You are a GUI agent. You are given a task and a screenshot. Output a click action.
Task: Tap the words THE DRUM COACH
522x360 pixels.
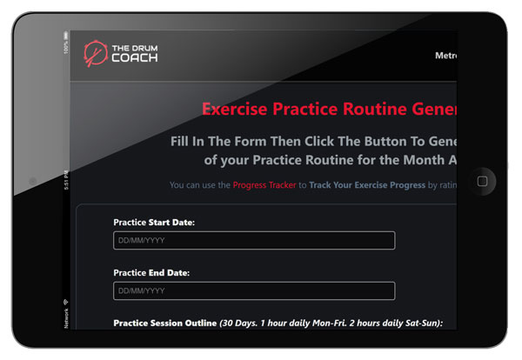tap(134, 54)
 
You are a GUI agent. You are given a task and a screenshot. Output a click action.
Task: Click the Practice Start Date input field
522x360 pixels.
tap(253, 240)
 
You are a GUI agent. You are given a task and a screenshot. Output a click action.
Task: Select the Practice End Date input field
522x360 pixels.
tap(253, 290)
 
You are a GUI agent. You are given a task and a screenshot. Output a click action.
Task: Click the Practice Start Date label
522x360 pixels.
tap(154, 223)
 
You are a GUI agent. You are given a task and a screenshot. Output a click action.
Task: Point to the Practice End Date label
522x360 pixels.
tap(151, 272)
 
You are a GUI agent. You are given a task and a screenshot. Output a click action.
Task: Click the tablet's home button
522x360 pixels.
tap(482, 181)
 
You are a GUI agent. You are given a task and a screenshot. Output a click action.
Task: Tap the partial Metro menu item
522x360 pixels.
tap(445, 56)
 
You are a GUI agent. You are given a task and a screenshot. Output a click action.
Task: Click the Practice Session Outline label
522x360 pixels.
tap(164, 323)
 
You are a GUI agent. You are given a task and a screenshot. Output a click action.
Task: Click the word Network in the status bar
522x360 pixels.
tap(66, 319)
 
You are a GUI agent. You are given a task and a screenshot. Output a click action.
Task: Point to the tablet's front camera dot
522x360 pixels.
tap(32, 181)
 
